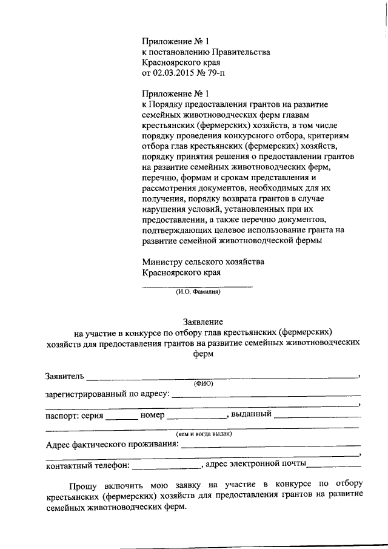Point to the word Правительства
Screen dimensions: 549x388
coord(238,52)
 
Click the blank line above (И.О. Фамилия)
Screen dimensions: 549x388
coord(197,285)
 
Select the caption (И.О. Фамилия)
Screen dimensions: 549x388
coord(198,292)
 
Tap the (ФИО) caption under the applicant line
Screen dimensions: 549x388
coord(203,383)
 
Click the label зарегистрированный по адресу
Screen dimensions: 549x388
coord(107,393)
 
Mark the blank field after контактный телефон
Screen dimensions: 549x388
coord(166,467)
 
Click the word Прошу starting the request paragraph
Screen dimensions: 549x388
coord(83,485)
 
